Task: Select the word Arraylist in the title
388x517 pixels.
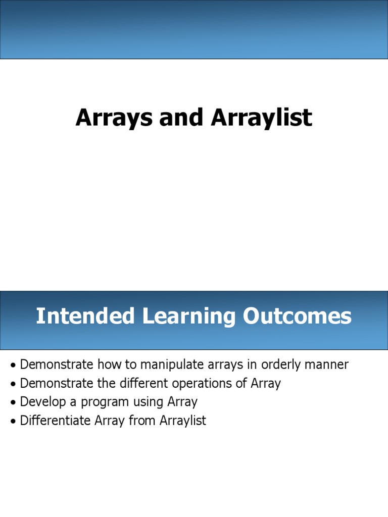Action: (x=261, y=118)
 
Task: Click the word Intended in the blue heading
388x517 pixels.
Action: (x=85, y=317)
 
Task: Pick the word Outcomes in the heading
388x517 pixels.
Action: (x=297, y=317)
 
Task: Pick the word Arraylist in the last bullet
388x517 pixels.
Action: (x=183, y=421)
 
